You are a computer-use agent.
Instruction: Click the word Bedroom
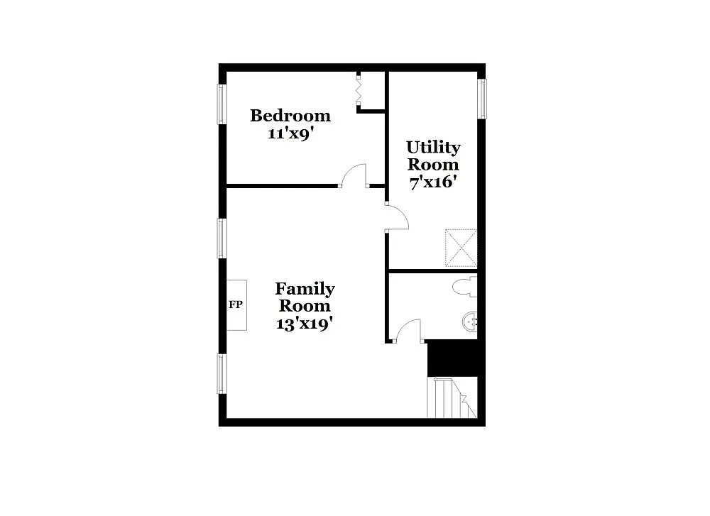pyautogui.click(x=290, y=115)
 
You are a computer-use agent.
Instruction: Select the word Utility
pyautogui.click(x=433, y=148)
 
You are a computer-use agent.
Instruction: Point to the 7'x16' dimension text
pyautogui.click(x=432, y=182)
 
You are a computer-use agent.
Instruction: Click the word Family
pyautogui.click(x=305, y=289)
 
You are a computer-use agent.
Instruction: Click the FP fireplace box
pyautogui.click(x=236, y=304)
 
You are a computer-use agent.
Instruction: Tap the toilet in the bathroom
pyautogui.click(x=466, y=287)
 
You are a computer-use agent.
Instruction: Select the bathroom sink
pyautogui.click(x=471, y=322)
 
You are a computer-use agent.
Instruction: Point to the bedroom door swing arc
pyautogui.click(x=354, y=173)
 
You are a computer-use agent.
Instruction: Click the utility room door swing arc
pyautogui.click(x=399, y=216)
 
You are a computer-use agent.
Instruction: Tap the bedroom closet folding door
pyautogui.click(x=359, y=89)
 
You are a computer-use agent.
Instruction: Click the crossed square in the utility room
pyautogui.click(x=461, y=246)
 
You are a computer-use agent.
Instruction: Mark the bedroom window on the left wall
pyautogui.click(x=222, y=104)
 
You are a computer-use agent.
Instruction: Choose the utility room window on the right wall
pyautogui.click(x=482, y=99)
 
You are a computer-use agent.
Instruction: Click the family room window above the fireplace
pyautogui.click(x=222, y=238)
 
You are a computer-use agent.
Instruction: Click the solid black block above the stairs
pyautogui.click(x=452, y=358)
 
